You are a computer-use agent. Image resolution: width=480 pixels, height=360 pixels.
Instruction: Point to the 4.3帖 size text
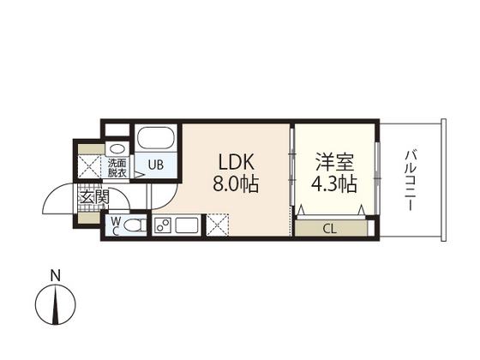point(334,183)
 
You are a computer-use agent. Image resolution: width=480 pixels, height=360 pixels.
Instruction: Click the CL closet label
point(329,228)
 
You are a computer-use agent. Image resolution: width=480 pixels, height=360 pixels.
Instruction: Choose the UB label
point(157,165)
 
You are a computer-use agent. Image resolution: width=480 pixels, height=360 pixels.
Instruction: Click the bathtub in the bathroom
point(156,138)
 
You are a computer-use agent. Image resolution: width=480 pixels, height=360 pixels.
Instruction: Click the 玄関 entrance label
point(94,199)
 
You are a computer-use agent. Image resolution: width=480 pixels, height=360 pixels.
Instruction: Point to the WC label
point(115,225)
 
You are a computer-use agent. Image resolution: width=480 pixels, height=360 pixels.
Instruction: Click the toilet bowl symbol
point(132,226)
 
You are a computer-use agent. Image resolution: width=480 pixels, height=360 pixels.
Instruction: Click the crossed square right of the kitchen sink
point(217,225)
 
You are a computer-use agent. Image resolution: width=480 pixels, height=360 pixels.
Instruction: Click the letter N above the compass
point(54,276)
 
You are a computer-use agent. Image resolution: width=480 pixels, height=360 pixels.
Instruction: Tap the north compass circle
point(54,306)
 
